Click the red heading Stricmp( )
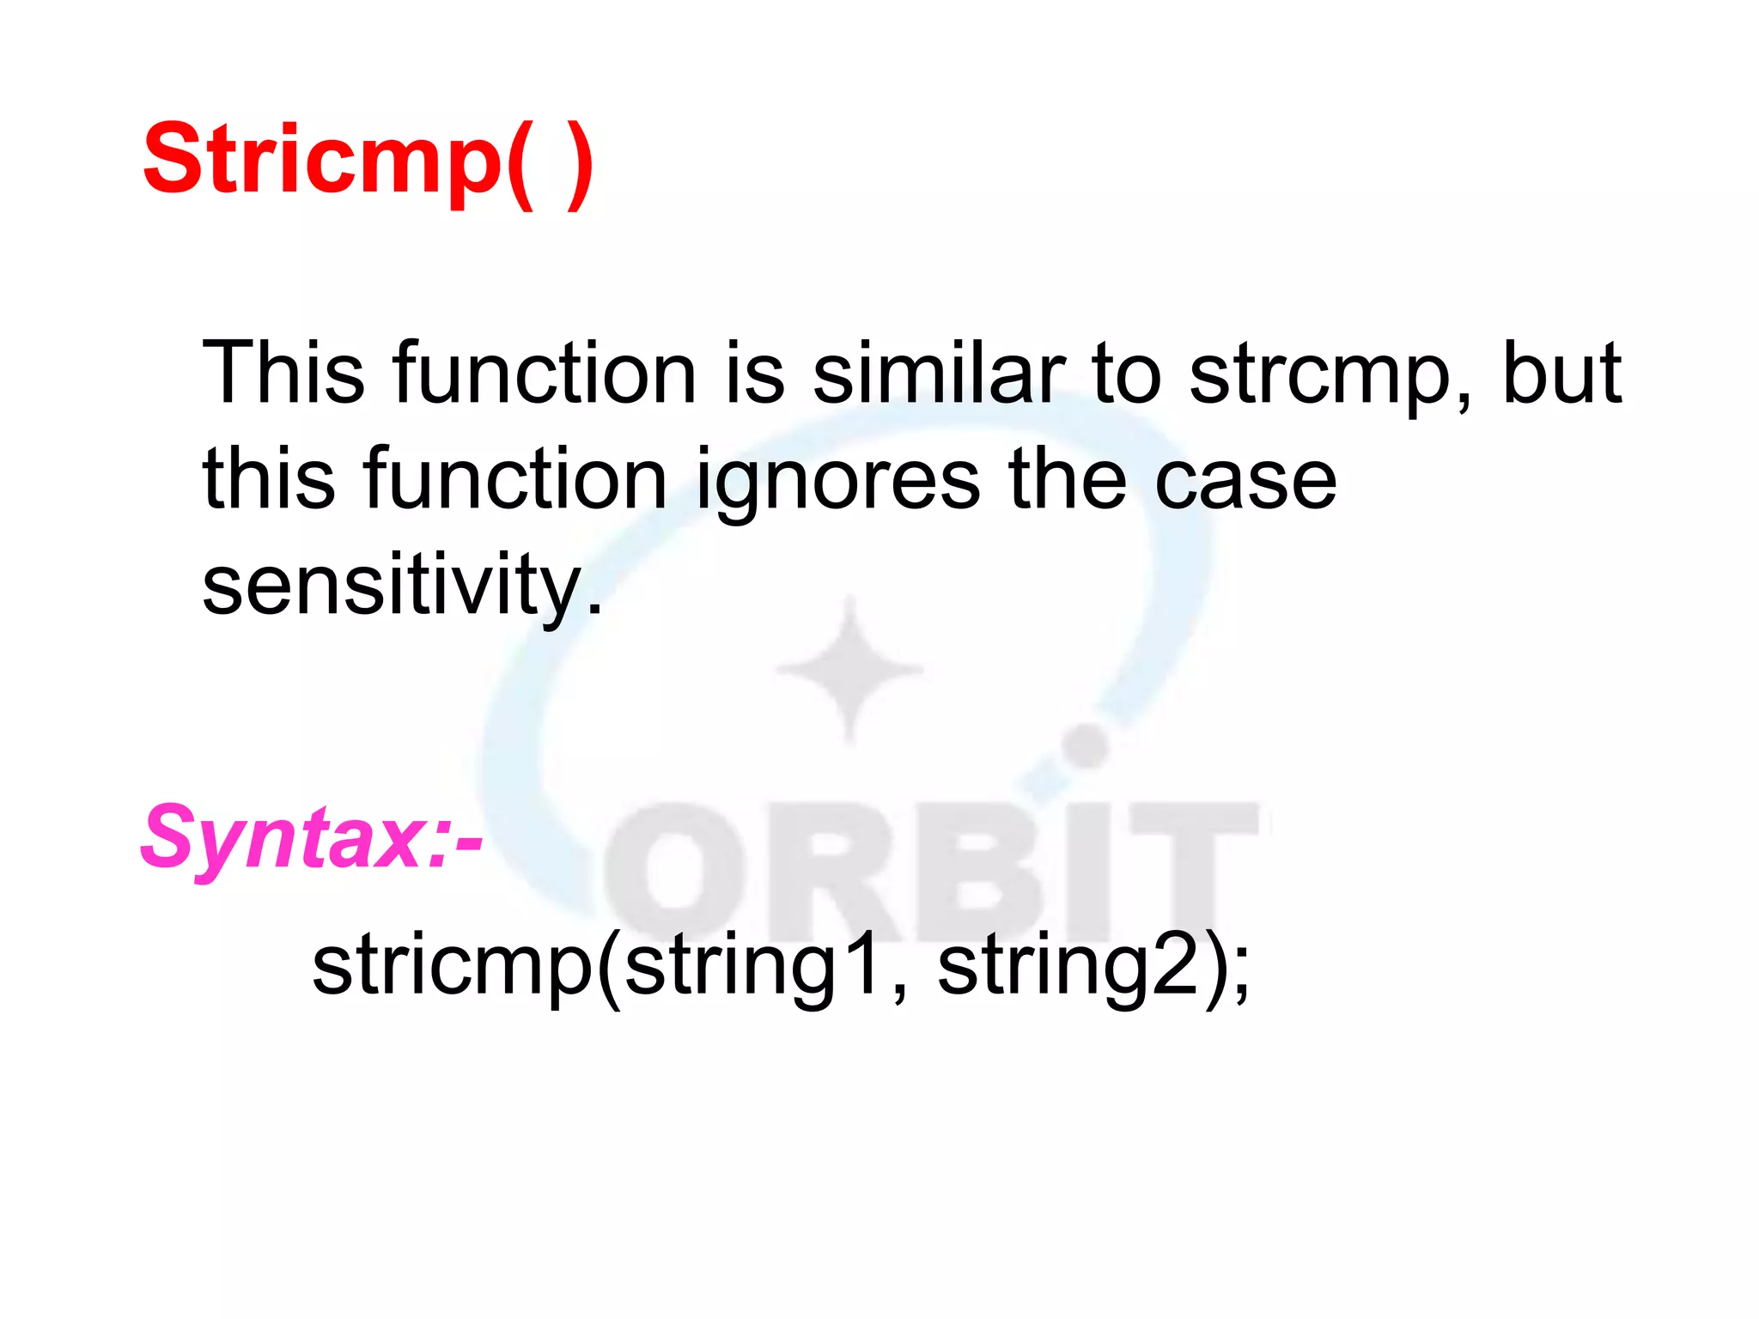[368, 161]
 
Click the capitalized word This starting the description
[283, 373]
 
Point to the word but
[1561, 373]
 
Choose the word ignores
[837, 481]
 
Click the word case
[1245, 481]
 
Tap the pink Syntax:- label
[311, 837]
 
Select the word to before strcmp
[1126, 373]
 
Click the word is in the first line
[755, 373]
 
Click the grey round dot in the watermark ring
[1087, 745]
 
